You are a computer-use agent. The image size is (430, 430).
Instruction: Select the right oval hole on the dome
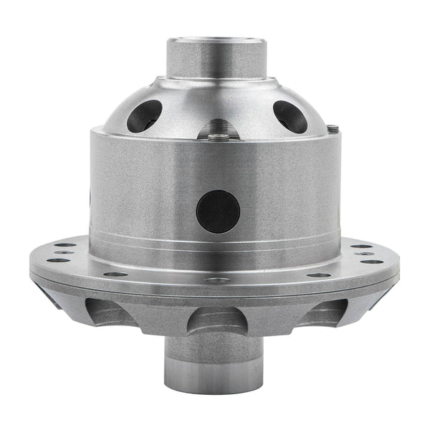[290, 116]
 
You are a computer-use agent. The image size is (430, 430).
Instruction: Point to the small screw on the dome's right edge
[333, 129]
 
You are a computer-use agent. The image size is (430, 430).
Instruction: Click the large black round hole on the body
[218, 211]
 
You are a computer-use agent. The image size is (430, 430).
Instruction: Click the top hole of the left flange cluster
[66, 245]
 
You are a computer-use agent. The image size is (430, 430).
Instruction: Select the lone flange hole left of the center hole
[115, 274]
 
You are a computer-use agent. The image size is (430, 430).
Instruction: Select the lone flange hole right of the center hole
[319, 274]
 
